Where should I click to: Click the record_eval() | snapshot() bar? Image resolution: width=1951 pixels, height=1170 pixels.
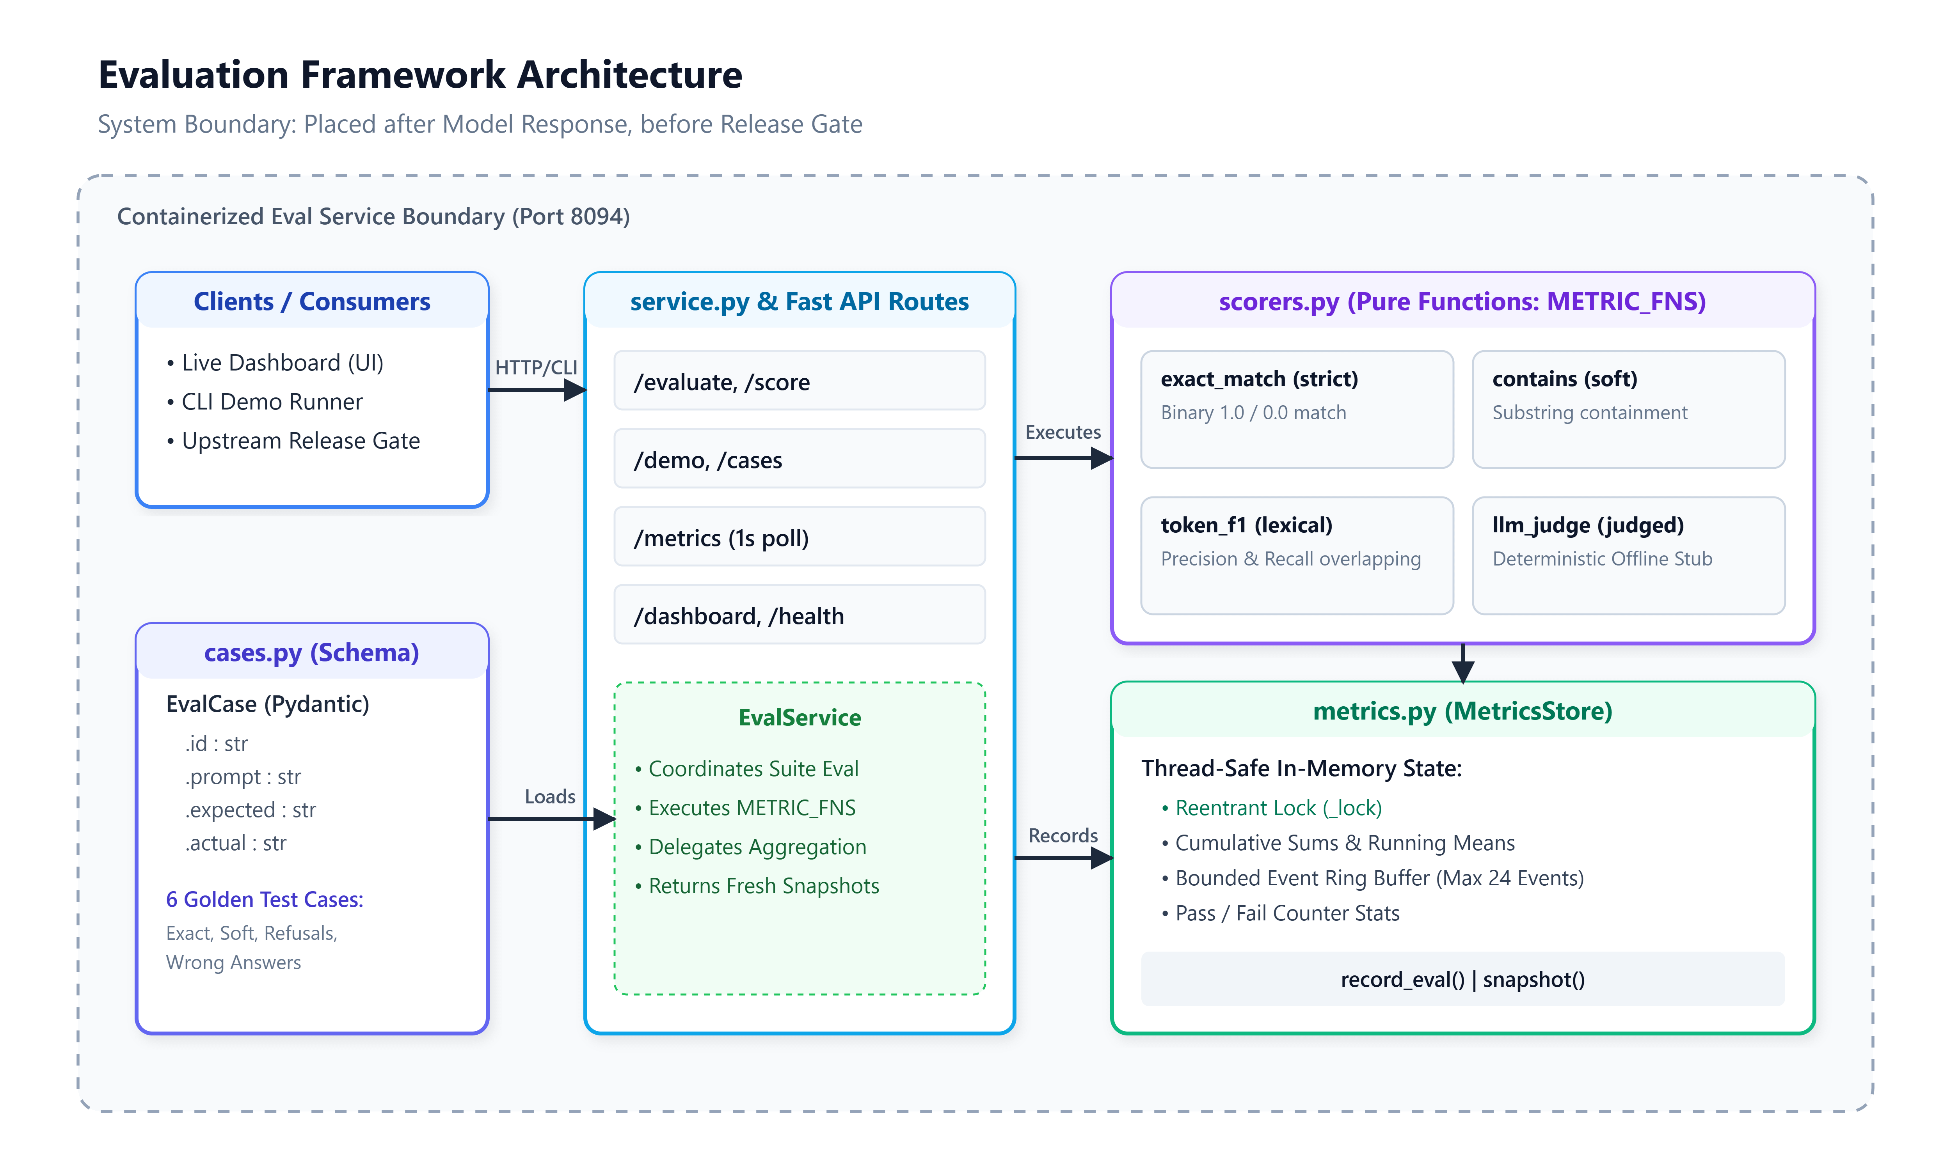1463,979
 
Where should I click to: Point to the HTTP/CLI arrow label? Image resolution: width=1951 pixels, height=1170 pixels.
536,367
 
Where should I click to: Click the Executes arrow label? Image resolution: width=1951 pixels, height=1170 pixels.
1063,432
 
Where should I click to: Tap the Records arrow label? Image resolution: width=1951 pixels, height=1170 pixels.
1063,836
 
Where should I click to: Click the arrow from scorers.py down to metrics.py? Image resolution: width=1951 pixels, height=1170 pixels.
1463,663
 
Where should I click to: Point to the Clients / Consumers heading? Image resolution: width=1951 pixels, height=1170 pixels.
312,301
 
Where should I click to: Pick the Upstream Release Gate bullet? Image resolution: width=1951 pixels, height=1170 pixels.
293,441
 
